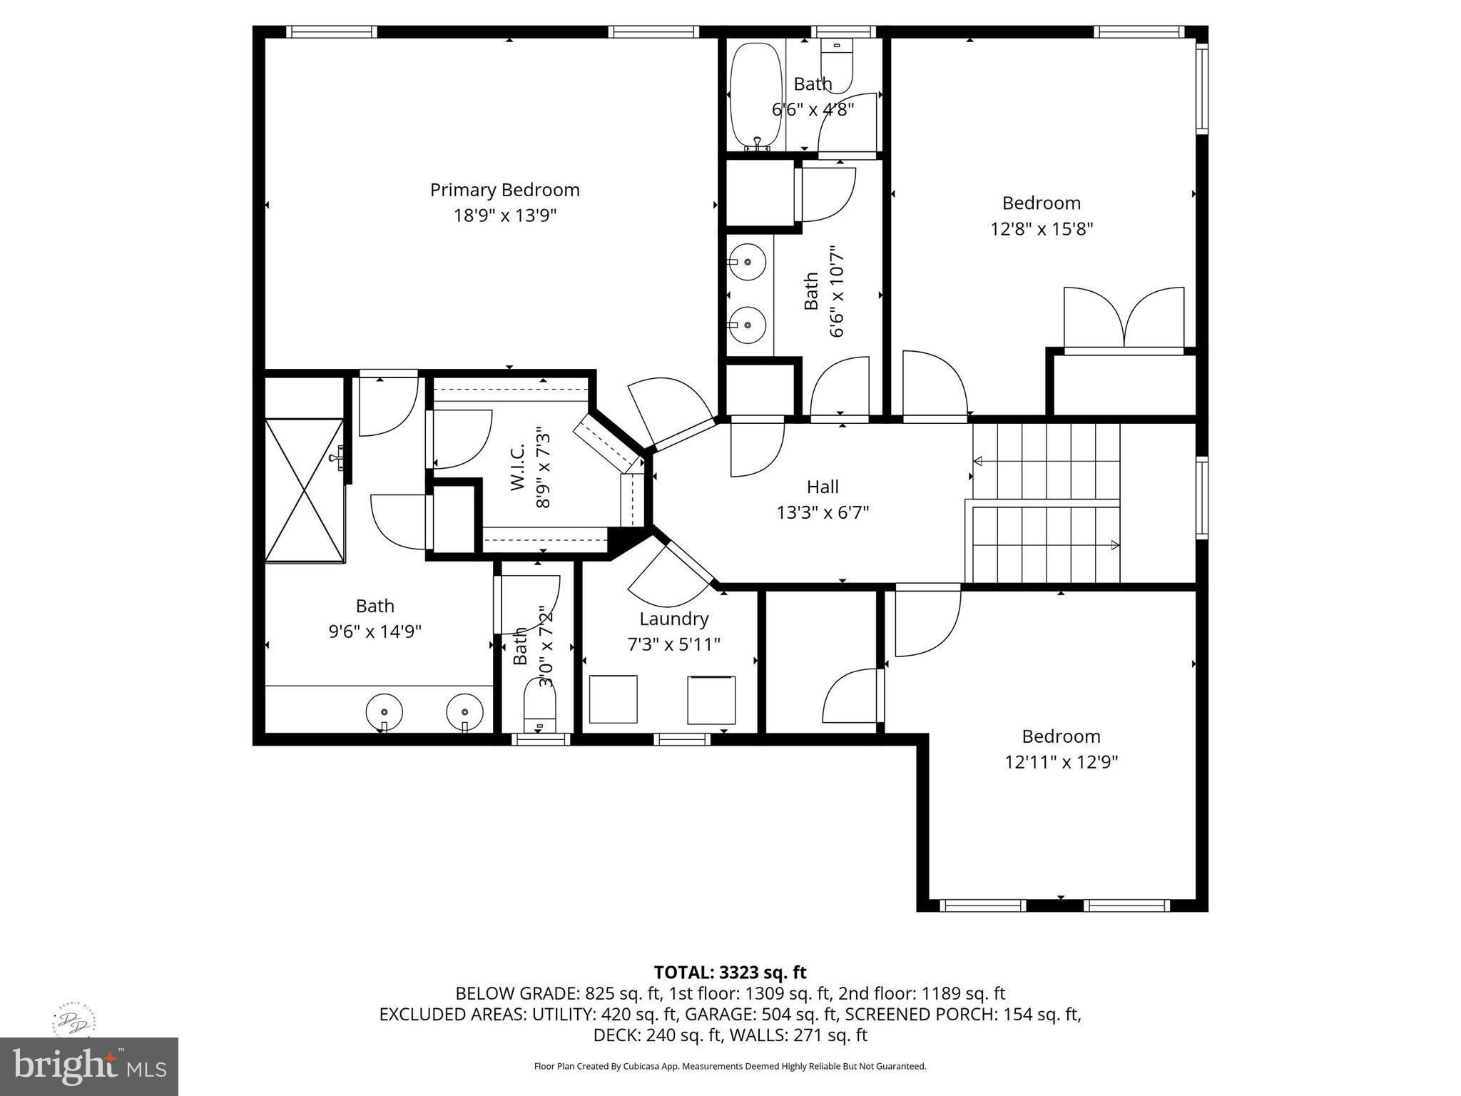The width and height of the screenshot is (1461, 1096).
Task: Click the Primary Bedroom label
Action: (504, 190)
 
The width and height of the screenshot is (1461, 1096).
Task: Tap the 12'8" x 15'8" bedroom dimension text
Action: (1041, 229)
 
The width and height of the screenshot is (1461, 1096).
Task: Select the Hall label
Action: (822, 487)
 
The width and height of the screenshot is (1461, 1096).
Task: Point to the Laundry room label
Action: (673, 619)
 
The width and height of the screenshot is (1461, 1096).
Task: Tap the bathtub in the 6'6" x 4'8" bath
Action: (755, 95)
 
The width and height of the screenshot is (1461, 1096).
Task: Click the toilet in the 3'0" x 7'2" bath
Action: (539, 703)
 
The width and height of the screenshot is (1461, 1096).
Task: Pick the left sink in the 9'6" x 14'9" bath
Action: (385, 711)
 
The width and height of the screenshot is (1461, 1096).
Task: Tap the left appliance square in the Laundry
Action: (613, 699)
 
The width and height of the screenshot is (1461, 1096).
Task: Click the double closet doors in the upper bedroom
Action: (1124, 318)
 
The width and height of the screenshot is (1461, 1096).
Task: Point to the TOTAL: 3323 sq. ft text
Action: (730, 972)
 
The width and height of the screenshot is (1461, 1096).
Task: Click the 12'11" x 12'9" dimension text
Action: (1061, 762)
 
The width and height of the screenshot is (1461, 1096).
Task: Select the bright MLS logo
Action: (89, 1066)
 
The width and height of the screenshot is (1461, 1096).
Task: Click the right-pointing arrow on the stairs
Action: (1114, 545)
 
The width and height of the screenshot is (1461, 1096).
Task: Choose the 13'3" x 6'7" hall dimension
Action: (823, 512)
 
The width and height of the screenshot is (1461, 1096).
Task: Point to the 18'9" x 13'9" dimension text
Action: (504, 215)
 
